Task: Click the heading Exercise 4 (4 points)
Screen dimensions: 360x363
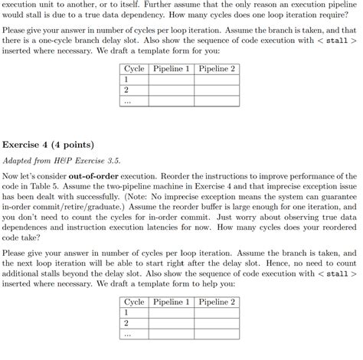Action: coord(48,144)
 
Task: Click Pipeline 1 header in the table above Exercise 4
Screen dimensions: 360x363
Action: coord(172,69)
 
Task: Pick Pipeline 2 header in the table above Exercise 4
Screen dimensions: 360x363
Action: coord(217,69)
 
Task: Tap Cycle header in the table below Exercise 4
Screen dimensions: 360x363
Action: coord(134,303)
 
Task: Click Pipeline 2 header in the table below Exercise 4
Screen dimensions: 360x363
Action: coord(217,303)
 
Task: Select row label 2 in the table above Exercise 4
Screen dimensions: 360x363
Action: coord(126,90)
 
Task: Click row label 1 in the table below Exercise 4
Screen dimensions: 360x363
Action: coord(126,313)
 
